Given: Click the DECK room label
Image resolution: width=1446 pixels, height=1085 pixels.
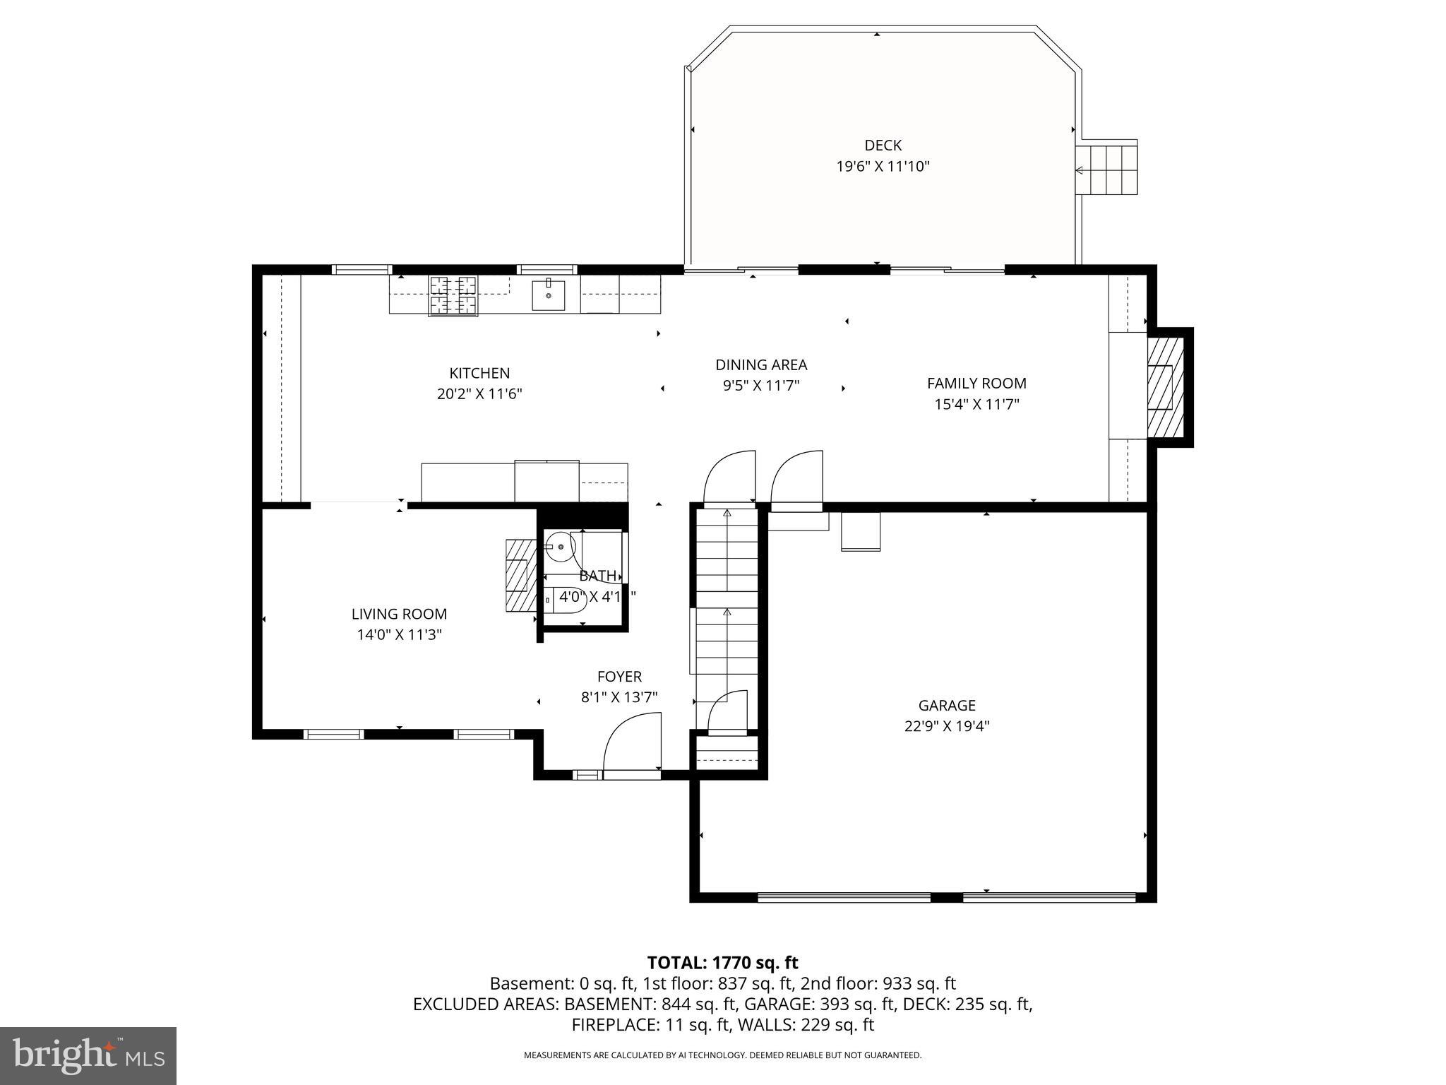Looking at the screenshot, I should [883, 146].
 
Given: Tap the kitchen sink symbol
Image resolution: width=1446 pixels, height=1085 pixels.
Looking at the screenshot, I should [549, 295].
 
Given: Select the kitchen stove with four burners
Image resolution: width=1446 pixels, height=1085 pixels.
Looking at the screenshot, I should [453, 295].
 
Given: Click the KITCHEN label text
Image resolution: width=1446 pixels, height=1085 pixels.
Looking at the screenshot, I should [479, 373].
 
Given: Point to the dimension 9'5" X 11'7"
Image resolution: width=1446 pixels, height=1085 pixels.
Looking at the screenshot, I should [761, 386].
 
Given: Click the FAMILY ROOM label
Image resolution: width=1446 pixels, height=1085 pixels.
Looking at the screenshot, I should [976, 384].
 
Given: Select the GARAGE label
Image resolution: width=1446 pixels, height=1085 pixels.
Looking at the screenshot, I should [947, 705].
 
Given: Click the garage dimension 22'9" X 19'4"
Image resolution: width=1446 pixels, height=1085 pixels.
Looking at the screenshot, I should [947, 726].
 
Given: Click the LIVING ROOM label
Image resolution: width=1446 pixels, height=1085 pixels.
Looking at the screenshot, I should [400, 615].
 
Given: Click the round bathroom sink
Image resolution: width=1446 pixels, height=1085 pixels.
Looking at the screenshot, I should [560, 546].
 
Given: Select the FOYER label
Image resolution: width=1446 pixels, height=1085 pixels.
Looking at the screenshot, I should [619, 677].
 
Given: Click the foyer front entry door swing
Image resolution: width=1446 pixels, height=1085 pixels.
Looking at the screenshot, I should [632, 745].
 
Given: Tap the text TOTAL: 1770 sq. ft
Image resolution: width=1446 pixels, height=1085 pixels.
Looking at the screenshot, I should [722, 963].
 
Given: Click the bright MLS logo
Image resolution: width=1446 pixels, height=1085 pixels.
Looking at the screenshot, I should [88, 1055].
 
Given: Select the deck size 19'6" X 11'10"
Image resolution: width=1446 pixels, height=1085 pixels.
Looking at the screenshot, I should [883, 167].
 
